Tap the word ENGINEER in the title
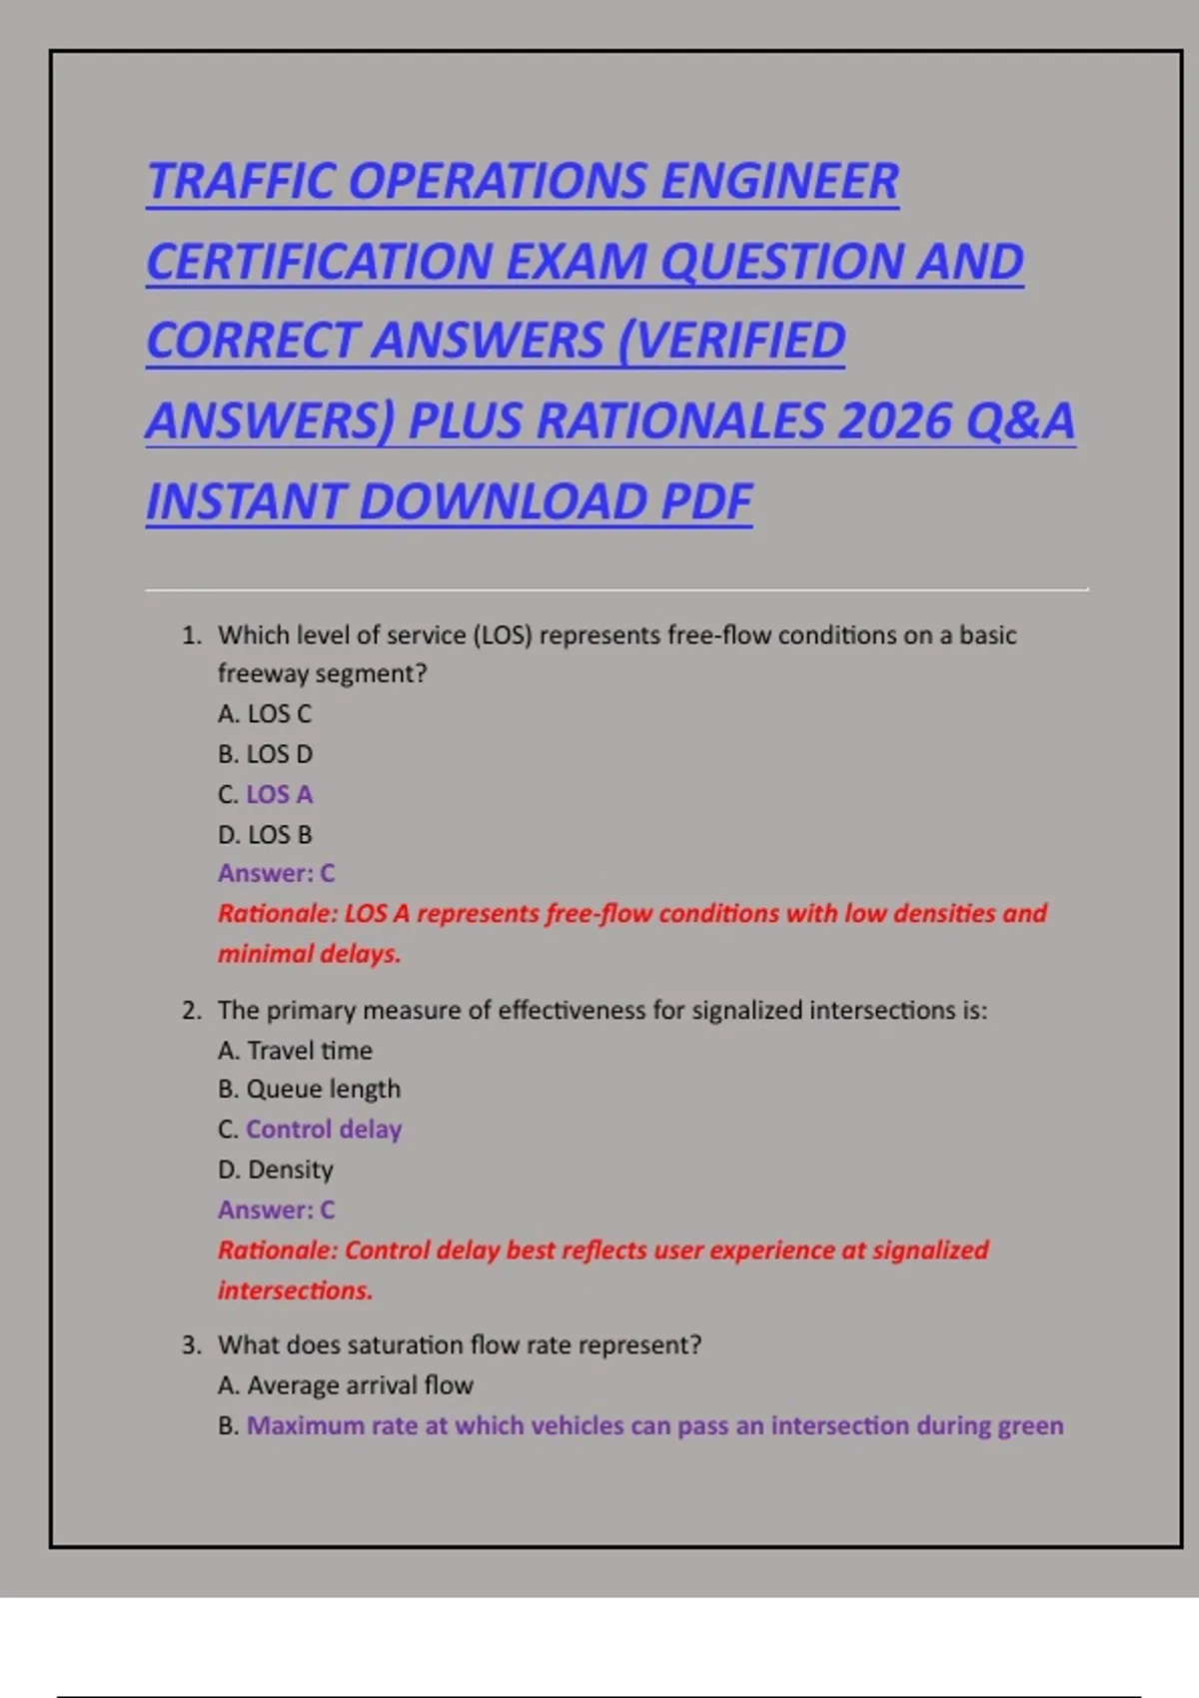tap(779, 182)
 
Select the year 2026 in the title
tap(893, 421)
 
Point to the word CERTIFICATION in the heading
tap(319, 262)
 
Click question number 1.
tap(192, 635)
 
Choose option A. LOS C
tap(265, 714)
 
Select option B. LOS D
tap(265, 754)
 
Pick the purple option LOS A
tap(279, 795)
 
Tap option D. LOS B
tap(265, 835)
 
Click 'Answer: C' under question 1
tap(276, 874)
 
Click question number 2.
tap(192, 1011)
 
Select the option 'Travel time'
tap(309, 1051)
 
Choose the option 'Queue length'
tap(323, 1090)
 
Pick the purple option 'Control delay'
tap(324, 1130)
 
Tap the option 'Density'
tap(290, 1170)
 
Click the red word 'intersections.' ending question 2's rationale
tap(295, 1290)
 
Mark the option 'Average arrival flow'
tap(360, 1385)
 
